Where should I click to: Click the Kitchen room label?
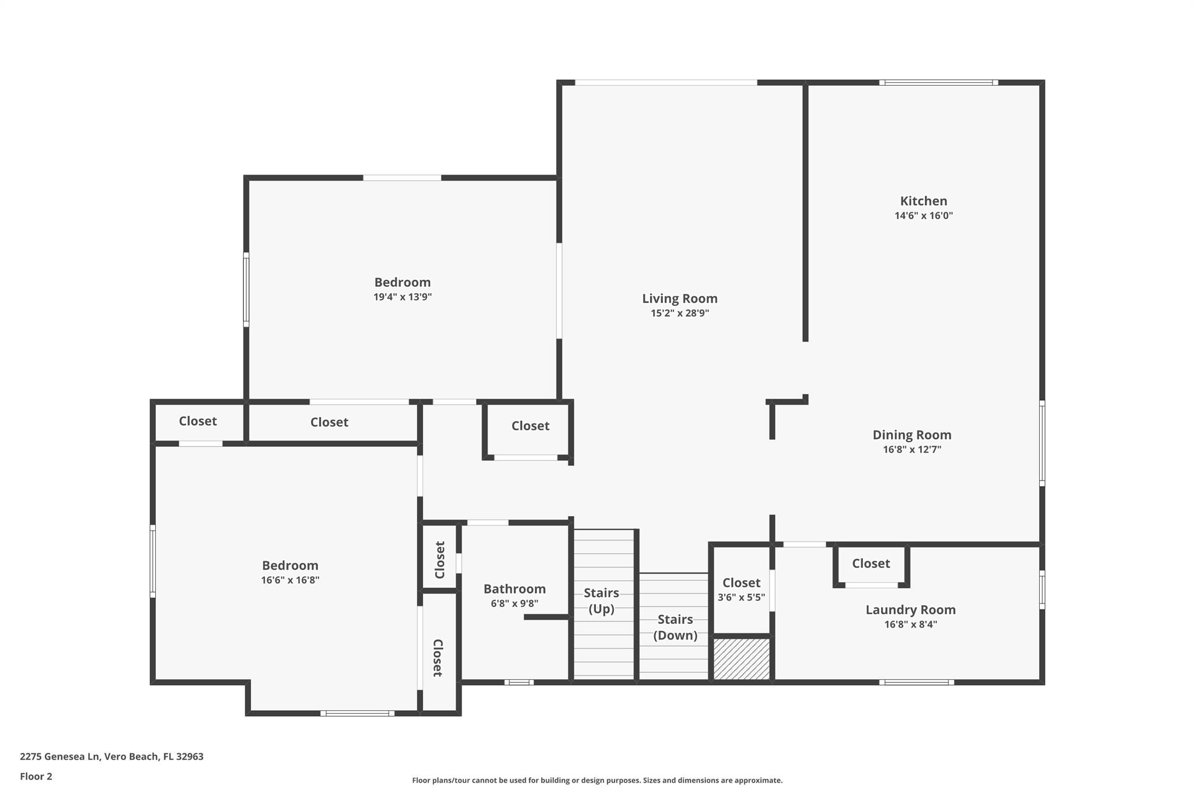tap(923, 201)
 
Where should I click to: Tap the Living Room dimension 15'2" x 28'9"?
tap(680, 313)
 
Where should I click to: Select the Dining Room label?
tap(911, 435)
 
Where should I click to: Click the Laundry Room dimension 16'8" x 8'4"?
tap(910, 625)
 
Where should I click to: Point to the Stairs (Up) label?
tap(601, 601)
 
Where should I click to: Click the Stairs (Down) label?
tap(675, 627)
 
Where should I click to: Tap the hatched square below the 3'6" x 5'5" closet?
tap(742, 659)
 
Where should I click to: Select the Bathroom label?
tap(514, 589)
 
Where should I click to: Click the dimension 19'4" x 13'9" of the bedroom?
tap(402, 297)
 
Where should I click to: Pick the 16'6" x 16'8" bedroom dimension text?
tap(290, 580)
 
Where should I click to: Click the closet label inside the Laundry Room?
tap(871, 563)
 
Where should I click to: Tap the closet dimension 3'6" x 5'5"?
tap(741, 597)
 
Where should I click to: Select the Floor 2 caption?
tap(36, 776)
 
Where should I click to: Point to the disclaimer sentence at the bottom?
tap(597, 780)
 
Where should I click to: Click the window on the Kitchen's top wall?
tap(938, 83)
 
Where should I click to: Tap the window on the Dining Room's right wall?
tap(1042, 443)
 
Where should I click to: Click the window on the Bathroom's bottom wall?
tap(519, 682)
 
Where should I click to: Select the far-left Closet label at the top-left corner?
tap(197, 421)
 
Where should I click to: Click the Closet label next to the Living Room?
tap(530, 426)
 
